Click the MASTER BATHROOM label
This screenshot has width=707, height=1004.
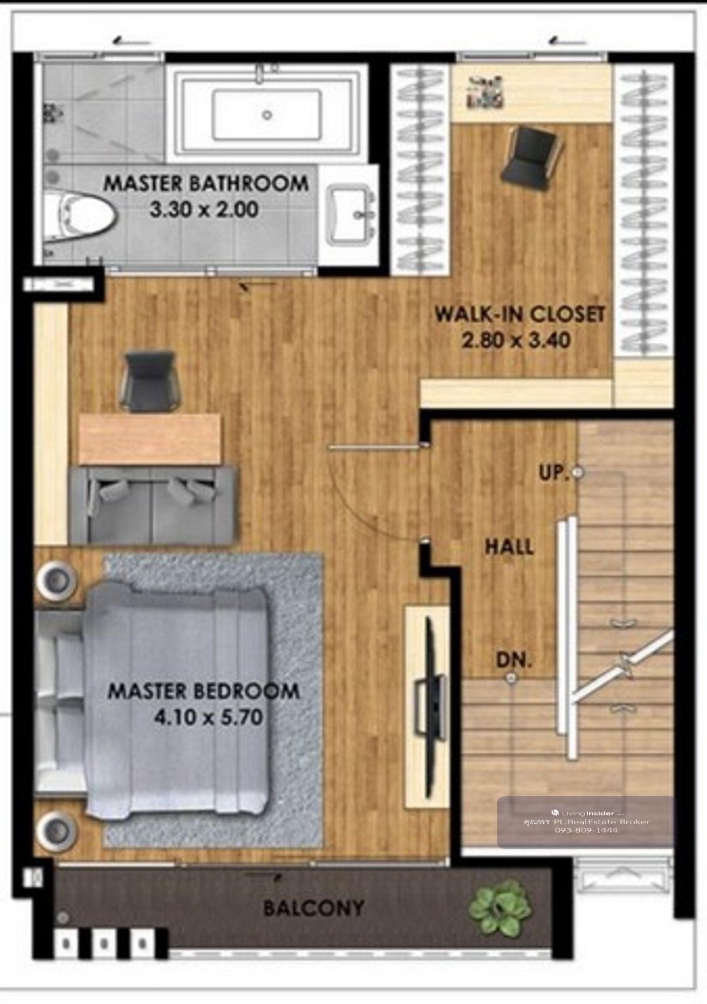click(206, 184)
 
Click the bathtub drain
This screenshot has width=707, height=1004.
click(267, 115)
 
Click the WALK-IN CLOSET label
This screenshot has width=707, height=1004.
click(520, 314)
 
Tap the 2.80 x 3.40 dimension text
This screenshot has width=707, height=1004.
click(516, 341)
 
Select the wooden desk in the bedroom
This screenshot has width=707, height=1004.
click(150, 439)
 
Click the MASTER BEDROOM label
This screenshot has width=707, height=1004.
click(203, 691)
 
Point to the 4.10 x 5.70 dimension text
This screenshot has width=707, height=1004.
click(208, 718)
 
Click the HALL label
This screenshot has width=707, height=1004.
click(509, 547)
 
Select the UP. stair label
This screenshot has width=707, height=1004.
click(554, 473)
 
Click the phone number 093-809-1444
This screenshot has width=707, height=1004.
click(586, 830)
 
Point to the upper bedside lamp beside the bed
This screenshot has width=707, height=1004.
click(57, 580)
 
